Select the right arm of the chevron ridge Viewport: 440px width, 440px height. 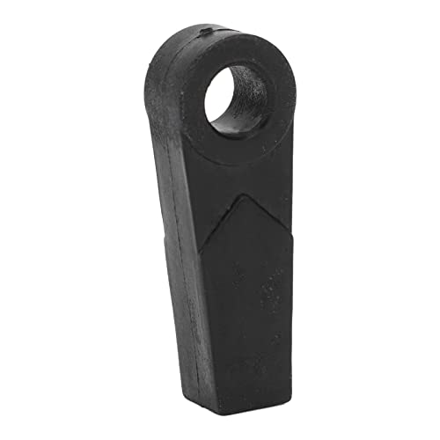pyautogui.click(x=265, y=218)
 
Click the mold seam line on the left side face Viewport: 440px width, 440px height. pyautogui.click(x=173, y=176)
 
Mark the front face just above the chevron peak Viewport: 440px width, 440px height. pyautogui.click(x=237, y=180)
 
